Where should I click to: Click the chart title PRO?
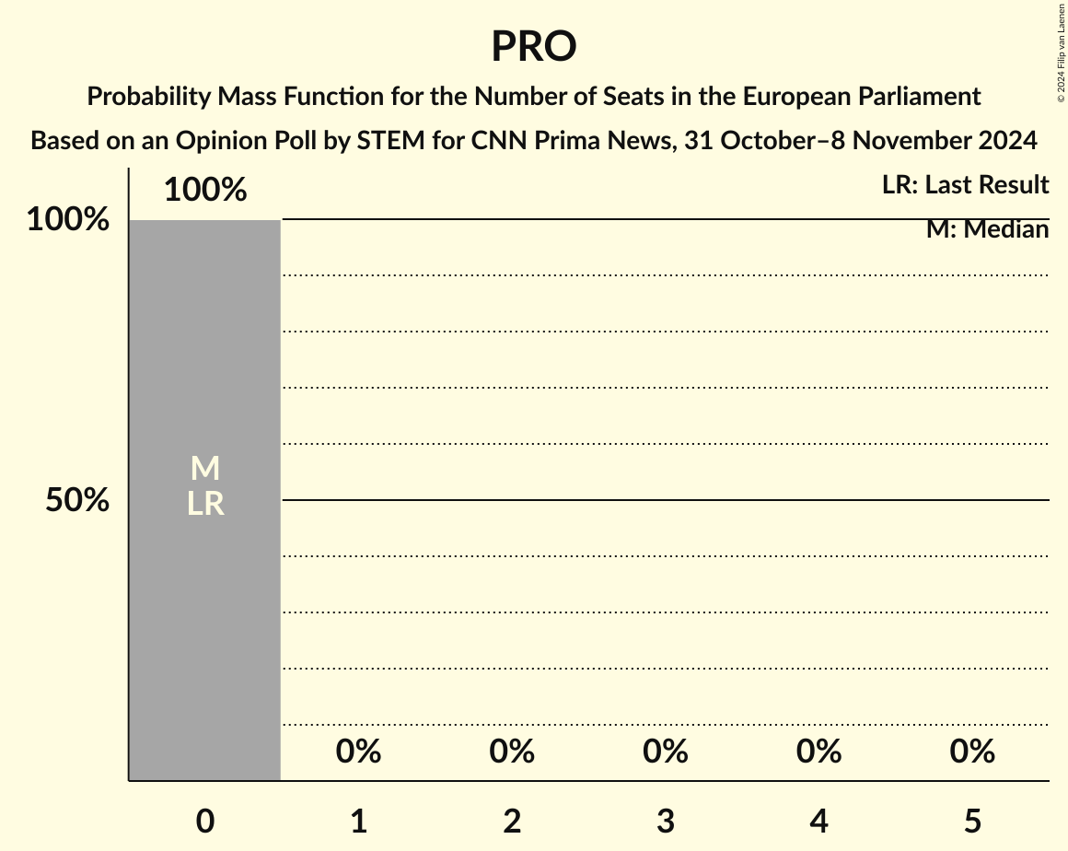click(533, 46)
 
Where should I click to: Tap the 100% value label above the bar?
click(204, 190)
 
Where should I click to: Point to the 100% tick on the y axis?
click(67, 220)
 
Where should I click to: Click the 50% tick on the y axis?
click(77, 500)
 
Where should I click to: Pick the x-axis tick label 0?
click(204, 821)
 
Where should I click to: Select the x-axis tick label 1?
click(358, 821)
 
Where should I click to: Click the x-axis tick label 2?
click(512, 821)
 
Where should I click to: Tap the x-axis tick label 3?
click(666, 821)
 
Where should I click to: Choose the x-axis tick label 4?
click(818, 821)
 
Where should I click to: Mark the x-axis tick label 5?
click(972, 821)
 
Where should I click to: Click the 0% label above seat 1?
click(358, 752)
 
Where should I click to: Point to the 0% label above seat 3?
click(666, 752)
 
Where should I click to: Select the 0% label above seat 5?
click(972, 752)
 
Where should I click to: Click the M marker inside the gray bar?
click(204, 469)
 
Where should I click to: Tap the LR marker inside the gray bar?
click(204, 504)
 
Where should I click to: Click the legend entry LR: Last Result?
click(965, 185)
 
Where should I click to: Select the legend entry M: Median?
click(987, 229)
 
